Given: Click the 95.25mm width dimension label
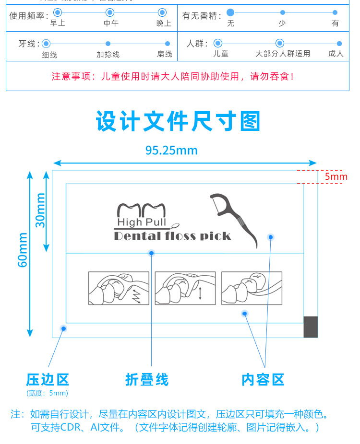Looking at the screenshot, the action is tap(171, 151).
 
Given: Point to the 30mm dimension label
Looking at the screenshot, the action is tap(40, 210).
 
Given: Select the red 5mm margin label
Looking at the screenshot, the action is tap(336, 176).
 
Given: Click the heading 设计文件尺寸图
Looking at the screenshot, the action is tap(178, 121).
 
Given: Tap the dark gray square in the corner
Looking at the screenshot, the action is tap(311, 327).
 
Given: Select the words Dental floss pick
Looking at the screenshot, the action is tap(172, 236).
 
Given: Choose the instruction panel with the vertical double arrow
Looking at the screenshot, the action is tap(185, 288).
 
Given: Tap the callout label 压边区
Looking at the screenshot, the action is tap(48, 380).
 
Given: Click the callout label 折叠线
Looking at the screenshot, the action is tap(147, 380).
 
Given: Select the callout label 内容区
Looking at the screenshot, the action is tap(263, 380).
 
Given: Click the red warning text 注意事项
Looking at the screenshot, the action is tap(172, 76).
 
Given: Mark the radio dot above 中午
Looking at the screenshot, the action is tap(110, 12).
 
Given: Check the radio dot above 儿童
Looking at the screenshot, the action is tap(218, 44).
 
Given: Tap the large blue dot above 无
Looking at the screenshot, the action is tap(230, 12).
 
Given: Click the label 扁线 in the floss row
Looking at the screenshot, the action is tap(165, 54).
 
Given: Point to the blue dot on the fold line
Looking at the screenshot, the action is tap(152, 253).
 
